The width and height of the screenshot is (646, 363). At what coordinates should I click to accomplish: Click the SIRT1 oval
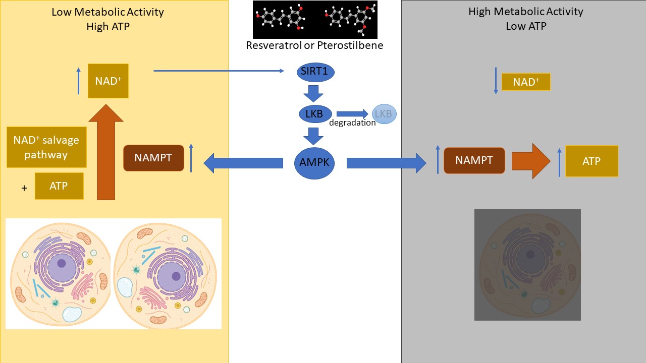pos(315,71)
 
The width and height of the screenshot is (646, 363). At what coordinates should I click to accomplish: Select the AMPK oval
pos(314,162)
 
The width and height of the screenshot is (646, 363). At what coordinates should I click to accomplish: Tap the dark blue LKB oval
pos(315,114)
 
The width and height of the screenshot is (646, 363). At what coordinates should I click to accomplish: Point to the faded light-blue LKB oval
pos(384,114)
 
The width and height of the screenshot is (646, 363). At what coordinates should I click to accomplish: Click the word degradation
pos(352,123)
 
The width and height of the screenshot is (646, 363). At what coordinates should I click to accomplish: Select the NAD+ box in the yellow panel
pos(108,81)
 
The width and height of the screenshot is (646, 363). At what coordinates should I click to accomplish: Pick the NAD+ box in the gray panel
pos(526,82)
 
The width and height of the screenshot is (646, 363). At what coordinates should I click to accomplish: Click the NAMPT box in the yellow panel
pos(153,158)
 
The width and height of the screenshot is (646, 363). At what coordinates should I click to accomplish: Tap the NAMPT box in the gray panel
pos(474,160)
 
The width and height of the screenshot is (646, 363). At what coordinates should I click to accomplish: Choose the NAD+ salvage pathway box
pos(46,147)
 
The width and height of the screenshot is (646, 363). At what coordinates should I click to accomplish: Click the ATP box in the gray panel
pos(591,161)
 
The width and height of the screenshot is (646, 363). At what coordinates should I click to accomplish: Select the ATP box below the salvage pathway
pos(59,186)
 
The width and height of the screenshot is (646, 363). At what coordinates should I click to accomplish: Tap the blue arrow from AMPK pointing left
pos(243,163)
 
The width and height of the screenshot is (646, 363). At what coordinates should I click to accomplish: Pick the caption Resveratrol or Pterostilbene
pos(314,45)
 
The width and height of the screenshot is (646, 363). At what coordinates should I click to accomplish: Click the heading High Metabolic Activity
pos(526,12)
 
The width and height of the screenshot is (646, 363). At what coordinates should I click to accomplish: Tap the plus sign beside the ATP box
pos(24,189)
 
